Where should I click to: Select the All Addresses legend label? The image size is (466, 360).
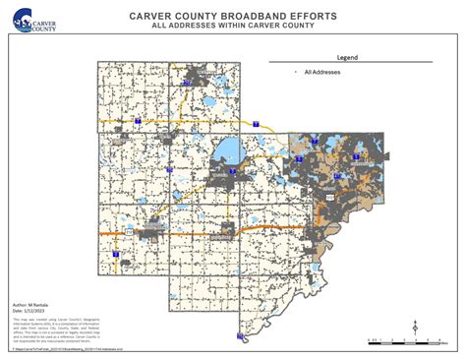[x=324, y=72]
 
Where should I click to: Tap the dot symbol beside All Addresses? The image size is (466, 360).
[x=295, y=72]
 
